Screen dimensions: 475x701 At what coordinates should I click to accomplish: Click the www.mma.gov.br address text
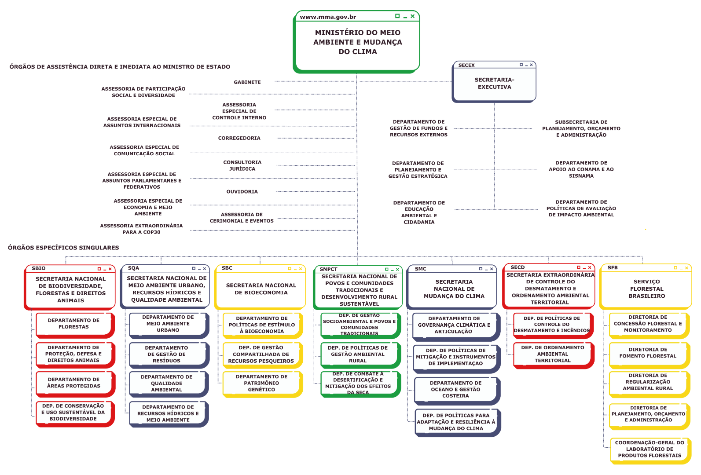pyautogui.click(x=328, y=17)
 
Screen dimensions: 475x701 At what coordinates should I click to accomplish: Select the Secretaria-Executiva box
pyautogui.click(x=494, y=84)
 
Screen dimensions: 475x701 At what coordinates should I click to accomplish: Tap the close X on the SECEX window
pyautogui.click(x=531, y=65)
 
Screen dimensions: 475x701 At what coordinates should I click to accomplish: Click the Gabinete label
pyautogui.click(x=247, y=82)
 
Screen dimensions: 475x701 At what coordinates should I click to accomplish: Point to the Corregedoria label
pyautogui.click(x=239, y=138)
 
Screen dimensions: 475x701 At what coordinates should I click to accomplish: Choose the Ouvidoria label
pyautogui.click(x=242, y=192)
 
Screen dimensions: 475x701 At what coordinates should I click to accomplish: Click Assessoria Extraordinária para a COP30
pyautogui.click(x=141, y=229)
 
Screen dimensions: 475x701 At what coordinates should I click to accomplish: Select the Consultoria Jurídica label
pyautogui.click(x=242, y=165)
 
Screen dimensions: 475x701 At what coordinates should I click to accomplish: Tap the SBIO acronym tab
pyautogui.click(x=39, y=268)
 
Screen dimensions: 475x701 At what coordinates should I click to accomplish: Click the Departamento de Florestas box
pyautogui.click(x=74, y=324)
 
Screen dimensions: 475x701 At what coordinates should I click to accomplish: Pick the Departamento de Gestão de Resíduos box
pyautogui.click(x=167, y=354)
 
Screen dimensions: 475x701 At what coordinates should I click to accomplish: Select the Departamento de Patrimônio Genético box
pyautogui.click(x=261, y=383)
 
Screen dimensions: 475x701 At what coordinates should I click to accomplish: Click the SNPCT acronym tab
pyautogui.click(x=328, y=269)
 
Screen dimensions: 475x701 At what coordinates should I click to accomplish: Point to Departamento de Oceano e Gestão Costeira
pyautogui.click(x=455, y=389)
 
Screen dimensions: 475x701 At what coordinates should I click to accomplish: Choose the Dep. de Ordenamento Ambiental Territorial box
pyautogui.click(x=552, y=354)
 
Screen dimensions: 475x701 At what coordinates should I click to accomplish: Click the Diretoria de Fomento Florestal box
pyautogui.click(x=648, y=353)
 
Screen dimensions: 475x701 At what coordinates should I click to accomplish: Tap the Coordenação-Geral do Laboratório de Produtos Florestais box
pyautogui.click(x=650, y=449)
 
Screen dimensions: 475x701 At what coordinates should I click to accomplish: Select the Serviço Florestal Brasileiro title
pyautogui.click(x=646, y=289)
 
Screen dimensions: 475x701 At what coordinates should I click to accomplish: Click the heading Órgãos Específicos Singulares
pyautogui.click(x=63, y=248)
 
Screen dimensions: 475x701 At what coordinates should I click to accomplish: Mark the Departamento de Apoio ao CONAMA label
pyautogui.click(x=581, y=169)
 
